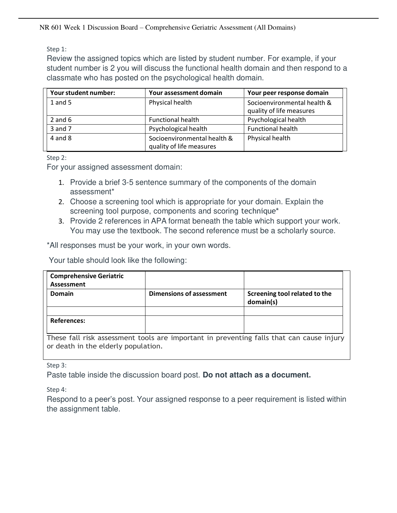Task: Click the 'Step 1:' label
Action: click(x=56, y=49)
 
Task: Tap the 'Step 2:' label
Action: click(x=56, y=158)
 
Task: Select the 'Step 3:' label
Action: click(x=56, y=365)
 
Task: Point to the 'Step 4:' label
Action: click(x=56, y=390)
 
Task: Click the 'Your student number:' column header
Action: click(x=82, y=93)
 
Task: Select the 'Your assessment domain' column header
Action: click(x=185, y=93)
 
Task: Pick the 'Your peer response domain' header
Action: click(x=288, y=93)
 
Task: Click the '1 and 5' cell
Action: click(x=61, y=103)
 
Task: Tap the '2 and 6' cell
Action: click(x=61, y=120)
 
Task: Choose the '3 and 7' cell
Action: click(x=61, y=129)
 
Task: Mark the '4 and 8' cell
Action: click(x=61, y=138)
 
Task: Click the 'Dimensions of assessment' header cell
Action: click(x=187, y=294)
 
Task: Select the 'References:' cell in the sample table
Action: click(x=68, y=321)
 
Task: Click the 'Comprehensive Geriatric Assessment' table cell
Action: click(x=87, y=280)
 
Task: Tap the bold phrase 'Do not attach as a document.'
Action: click(x=257, y=375)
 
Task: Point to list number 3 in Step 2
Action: click(x=61, y=222)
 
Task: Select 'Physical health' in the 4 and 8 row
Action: click(x=269, y=138)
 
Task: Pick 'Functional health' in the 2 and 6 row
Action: click(x=174, y=120)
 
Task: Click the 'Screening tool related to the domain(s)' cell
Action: click(x=289, y=298)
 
